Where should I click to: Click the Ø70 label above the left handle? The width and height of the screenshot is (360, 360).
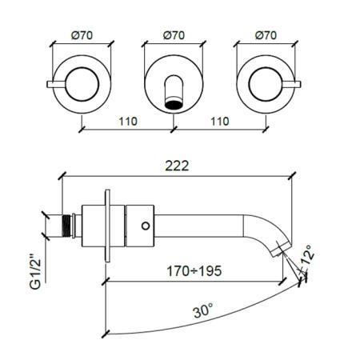pyautogui.click(x=82, y=35)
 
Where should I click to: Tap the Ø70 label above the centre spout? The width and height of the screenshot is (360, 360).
pyautogui.click(x=174, y=35)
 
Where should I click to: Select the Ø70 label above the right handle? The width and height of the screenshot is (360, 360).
pyautogui.click(x=266, y=35)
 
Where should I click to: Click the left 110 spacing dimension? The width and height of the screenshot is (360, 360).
pyautogui.click(x=128, y=122)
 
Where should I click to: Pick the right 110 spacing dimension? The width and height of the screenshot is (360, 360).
pyautogui.click(x=220, y=122)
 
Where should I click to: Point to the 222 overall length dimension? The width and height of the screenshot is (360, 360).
pyautogui.click(x=177, y=166)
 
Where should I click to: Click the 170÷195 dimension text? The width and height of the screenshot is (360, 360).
pyautogui.click(x=194, y=271)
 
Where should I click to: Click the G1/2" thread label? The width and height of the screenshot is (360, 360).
pyautogui.click(x=35, y=273)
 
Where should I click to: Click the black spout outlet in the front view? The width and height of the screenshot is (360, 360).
pyautogui.click(x=174, y=105)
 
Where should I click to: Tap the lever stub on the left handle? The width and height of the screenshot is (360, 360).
pyautogui.click(x=56, y=84)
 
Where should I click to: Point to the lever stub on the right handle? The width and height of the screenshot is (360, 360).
pyautogui.click(x=291, y=84)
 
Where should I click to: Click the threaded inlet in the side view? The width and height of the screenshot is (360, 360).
pyautogui.click(x=67, y=226)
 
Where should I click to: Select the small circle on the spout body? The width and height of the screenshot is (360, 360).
pyautogui.click(x=146, y=226)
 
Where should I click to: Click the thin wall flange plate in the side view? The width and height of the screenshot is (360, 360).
pyautogui.click(x=107, y=226)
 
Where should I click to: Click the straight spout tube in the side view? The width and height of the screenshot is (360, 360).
pyautogui.click(x=198, y=226)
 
